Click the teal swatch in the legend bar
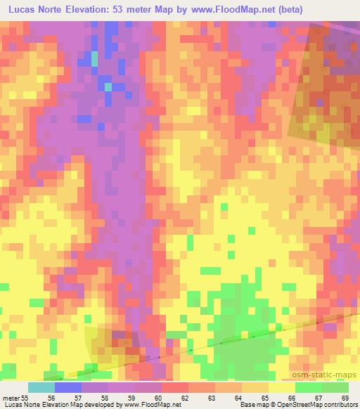click(x=41, y=387)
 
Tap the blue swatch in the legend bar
click(x=68, y=387)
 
